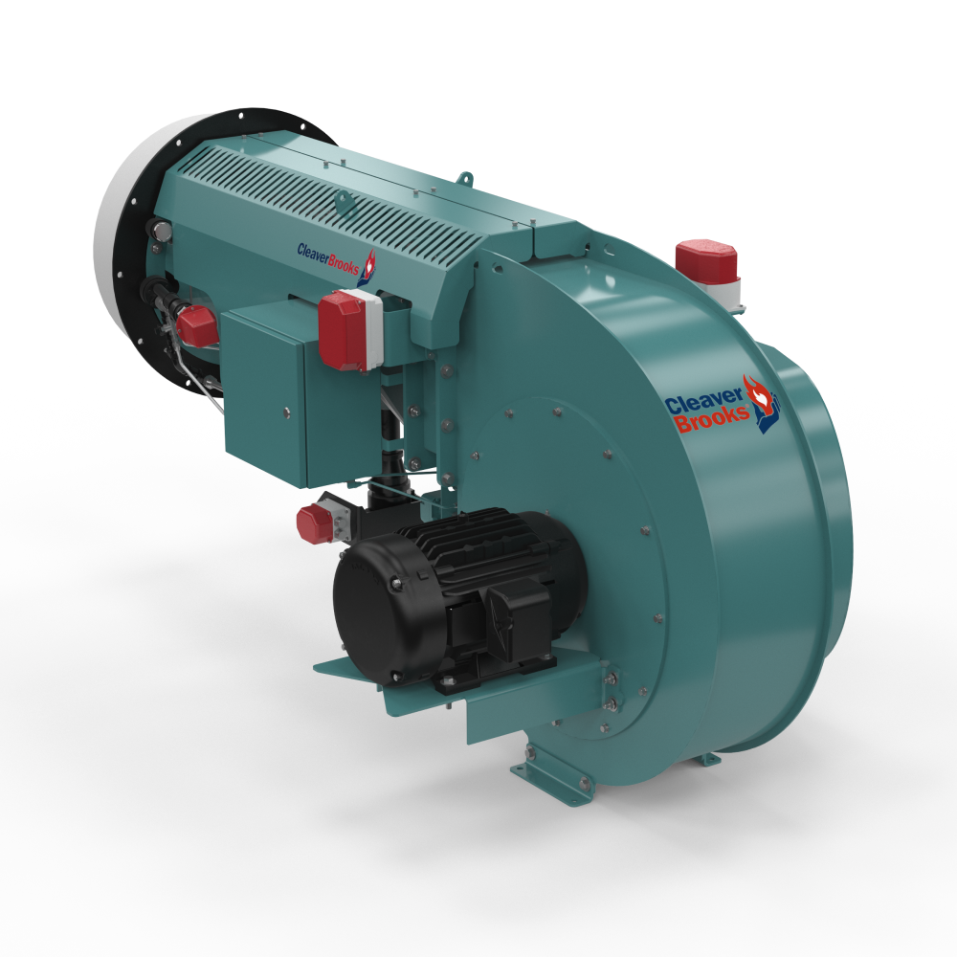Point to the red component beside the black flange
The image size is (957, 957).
(x=195, y=326)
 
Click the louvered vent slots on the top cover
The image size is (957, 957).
(x=316, y=201)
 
